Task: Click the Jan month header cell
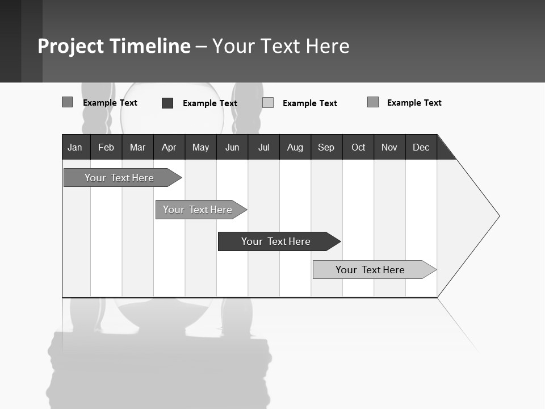75,147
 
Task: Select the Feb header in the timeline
106,147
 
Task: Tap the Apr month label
169,147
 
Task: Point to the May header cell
200,147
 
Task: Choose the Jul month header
263,147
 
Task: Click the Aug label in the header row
295,147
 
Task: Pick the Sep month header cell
326,147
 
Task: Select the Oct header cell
358,147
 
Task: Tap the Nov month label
389,147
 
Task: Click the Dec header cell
421,147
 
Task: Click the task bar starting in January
119,178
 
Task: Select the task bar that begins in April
198,210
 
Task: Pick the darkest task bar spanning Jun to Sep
276,241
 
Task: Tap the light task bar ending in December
370,270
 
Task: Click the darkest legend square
167,103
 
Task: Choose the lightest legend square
268,103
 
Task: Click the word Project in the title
71,46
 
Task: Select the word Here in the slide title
328,46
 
